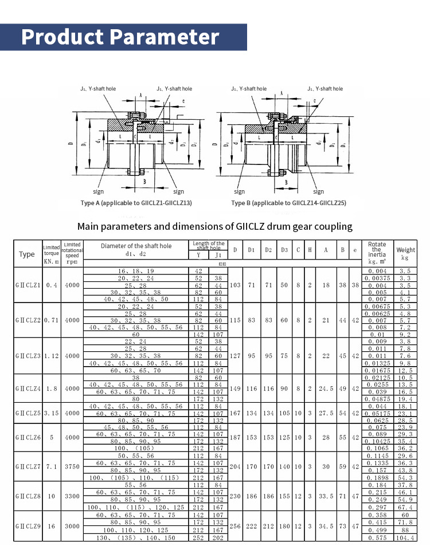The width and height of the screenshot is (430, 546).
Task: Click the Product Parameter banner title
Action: tap(120, 37)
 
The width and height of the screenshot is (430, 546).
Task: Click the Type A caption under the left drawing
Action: tap(136, 203)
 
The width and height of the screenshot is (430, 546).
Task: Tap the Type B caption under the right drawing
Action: tap(288, 203)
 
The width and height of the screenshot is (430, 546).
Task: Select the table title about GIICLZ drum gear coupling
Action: tap(215, 226)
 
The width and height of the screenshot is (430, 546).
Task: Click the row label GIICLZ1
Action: tap(27, 285)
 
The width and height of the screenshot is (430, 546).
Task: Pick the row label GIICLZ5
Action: tap(27, 413)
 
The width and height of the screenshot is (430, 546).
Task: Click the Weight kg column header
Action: tap(405, 254)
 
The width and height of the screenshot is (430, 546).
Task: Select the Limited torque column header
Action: tap(52, 254)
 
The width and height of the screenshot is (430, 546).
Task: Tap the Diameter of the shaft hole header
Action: tap(136, 249)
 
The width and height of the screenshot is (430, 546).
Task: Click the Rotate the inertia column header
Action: tap(377, 253)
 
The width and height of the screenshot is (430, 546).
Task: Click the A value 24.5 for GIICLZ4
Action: tap(326, 388)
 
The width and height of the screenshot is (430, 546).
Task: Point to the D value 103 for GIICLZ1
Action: tap(236, 285)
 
